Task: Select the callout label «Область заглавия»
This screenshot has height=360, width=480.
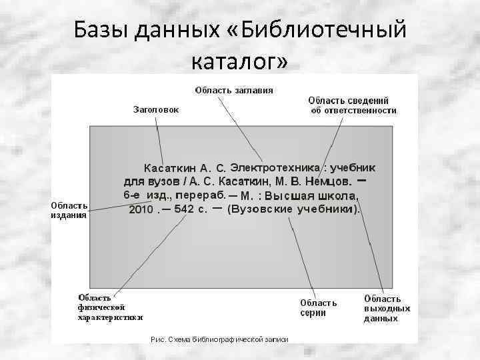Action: [x=233, y=90]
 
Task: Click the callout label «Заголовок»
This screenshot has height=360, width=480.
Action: [x=156, y=110]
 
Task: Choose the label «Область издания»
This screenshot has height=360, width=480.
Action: [x=69, y=210]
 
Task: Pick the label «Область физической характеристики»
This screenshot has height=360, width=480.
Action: [x=110, y=307]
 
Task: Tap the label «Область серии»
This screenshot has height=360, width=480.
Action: [x=318, y=307]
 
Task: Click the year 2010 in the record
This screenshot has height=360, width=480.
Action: [x=141, y=209]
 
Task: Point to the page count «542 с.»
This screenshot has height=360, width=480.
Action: [x=184, y=209]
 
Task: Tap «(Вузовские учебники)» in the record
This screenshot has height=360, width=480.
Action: [x=293, y=209]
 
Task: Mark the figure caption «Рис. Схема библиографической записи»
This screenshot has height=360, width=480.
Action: [x=219, y=339]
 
